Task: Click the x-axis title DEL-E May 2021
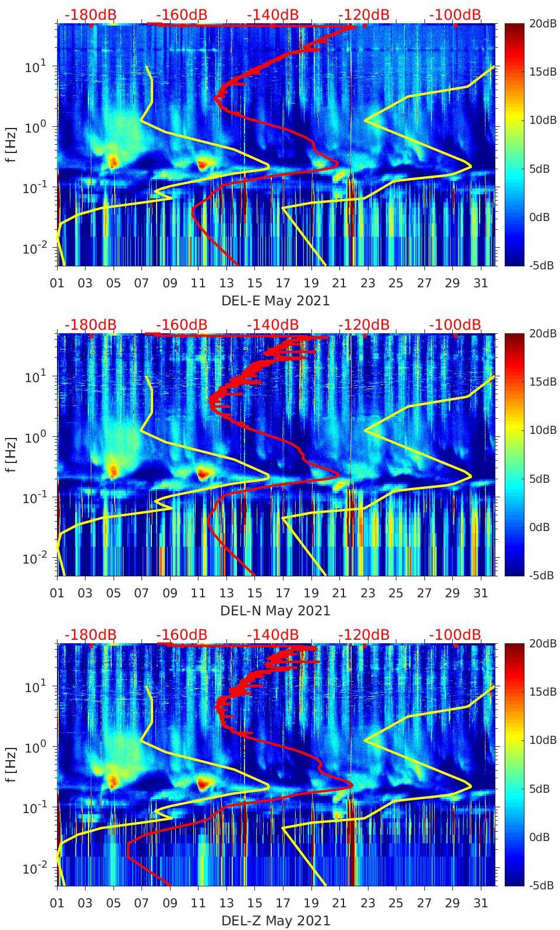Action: tap(275, 301)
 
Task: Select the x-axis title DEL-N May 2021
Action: tap(275, 611)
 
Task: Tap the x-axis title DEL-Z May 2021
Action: tap(275, 921)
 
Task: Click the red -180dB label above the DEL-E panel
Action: tap(90, 15)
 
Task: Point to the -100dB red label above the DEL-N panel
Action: tap(455, 325)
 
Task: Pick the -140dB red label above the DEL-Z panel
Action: tap(272, 635)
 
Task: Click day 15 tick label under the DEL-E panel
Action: tap(254, 283)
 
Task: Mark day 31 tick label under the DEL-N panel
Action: tap(480, 593)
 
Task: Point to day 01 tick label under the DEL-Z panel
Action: tap(58, 903)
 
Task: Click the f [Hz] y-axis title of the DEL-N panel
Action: tap(11, 455)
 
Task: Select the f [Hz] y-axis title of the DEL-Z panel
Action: tap(11, 765)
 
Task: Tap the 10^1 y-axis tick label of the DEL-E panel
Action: tap(35, 67)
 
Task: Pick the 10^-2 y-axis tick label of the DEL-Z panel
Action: tap(34, 868)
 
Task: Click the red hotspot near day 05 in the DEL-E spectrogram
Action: tap(114, 162)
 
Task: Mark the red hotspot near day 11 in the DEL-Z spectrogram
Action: tap(203, 783)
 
